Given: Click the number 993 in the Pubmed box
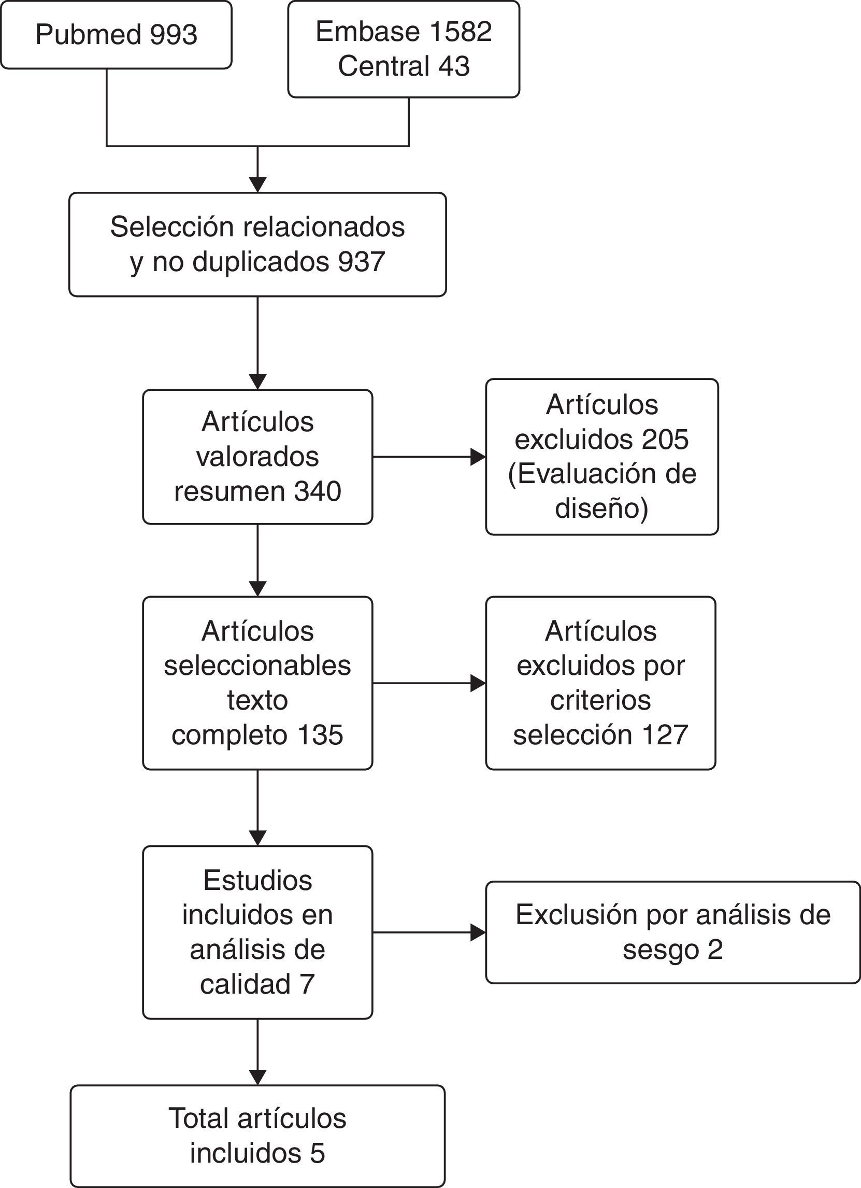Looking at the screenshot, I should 173,35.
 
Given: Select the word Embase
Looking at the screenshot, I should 366,32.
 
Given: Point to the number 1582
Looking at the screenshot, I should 461,32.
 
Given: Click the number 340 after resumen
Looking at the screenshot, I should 317,491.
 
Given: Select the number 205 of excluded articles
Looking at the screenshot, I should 665,439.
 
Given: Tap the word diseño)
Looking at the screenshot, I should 601,508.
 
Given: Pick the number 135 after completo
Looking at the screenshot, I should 320,734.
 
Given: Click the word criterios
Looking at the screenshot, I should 600,700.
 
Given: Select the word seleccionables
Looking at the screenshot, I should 257,665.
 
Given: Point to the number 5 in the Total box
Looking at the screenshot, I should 317,1153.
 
